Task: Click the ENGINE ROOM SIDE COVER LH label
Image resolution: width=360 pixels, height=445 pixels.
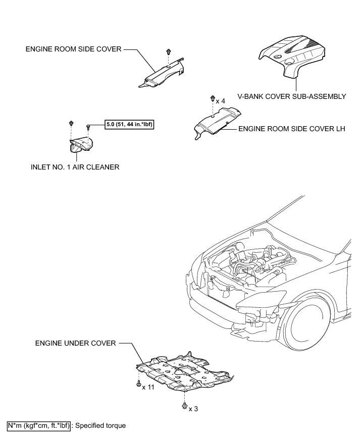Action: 291,129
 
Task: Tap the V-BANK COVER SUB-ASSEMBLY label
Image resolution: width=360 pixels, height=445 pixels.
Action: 291,96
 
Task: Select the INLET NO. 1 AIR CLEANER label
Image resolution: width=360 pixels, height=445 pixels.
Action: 75,167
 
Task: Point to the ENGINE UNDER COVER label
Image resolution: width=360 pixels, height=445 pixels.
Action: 76,343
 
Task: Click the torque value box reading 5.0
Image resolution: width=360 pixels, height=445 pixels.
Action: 129,124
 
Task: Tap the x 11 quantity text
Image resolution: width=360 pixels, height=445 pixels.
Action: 148,387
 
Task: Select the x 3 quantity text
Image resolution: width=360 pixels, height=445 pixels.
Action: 193,409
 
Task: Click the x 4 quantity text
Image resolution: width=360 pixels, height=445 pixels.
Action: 220,101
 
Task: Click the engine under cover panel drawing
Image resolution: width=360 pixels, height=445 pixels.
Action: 184,371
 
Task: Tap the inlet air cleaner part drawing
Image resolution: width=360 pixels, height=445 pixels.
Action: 81,144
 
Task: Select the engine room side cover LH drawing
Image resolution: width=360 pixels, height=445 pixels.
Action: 217,122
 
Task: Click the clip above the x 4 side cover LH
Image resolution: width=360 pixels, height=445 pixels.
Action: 213,99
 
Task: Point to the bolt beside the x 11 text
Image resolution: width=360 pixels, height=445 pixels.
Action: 138,384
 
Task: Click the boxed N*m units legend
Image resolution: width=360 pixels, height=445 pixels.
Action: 38,426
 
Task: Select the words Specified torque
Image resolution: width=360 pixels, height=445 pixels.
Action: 100,426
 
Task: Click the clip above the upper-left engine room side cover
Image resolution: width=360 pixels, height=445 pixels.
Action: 169,51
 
